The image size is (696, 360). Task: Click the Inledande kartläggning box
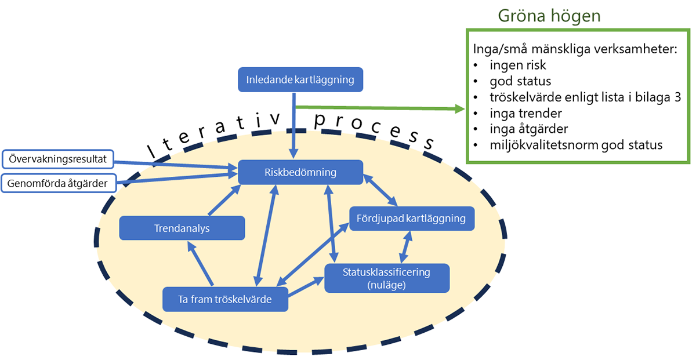click(x=300, y=79)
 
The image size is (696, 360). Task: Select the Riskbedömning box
click(x=300, y=172)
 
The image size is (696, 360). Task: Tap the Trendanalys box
click(x=182, y=228)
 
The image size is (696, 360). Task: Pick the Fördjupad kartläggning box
click(x=411, y=219)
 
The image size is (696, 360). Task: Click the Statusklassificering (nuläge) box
click(x=386, y=277)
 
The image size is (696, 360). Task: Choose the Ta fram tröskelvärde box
click(x=225, y=299)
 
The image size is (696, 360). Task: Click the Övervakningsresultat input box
click(x=58, y=158)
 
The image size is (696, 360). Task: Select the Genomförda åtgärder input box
click(x=58, y=184)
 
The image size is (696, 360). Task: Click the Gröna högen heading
click(x=549, y=16)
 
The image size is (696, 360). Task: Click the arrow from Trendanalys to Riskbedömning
click(x=222, y=201)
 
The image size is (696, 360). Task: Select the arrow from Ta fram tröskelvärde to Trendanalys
click(x=201, y=264)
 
